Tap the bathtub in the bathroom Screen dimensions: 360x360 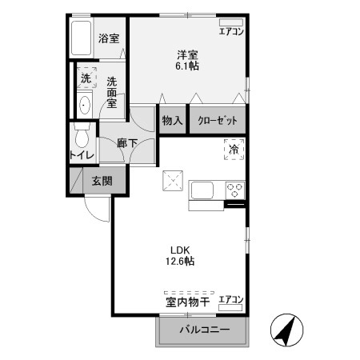coord(82,38)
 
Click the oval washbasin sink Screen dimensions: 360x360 coord(85,104)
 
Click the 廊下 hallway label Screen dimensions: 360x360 coord(127,143)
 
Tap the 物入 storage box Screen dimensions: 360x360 coord(172,121)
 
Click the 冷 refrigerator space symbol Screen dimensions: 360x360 coord(234,150)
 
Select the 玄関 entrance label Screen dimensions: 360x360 coord(101,181)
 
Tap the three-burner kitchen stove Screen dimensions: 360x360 coord(235,190)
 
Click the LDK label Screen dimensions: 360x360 coord(179,248)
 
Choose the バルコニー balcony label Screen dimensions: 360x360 coord(204,330)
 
